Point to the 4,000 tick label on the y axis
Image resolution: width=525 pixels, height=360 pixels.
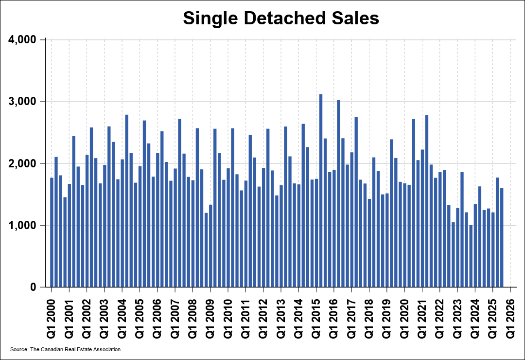tap(23, 39)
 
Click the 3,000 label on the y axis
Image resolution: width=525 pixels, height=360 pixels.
tap(23, 102)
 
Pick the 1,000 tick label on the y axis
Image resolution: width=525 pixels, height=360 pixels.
tap(23, 225)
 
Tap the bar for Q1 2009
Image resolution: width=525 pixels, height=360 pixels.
tap(206, 250)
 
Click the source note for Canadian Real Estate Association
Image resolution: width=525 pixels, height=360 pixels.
tap(65, 349)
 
